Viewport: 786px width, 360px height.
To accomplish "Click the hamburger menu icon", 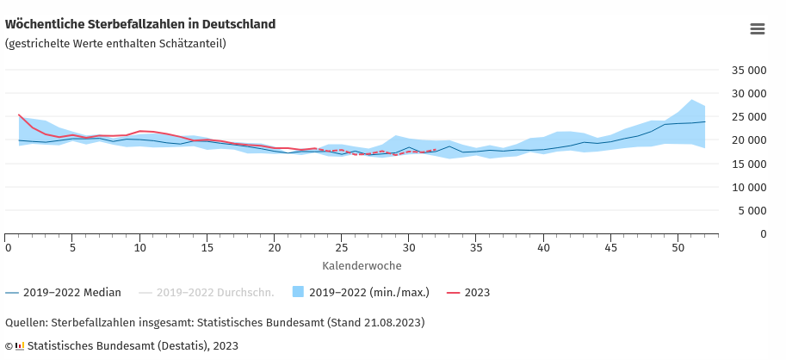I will point(758,29).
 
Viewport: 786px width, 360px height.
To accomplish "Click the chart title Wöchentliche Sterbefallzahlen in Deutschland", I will point(140,24).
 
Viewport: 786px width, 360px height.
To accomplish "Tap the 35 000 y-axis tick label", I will point(748,71).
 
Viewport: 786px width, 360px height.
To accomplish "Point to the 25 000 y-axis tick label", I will point(748,117).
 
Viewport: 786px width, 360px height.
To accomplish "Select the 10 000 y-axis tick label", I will point(748,187).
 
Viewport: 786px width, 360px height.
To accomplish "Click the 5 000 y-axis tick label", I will point(752,210).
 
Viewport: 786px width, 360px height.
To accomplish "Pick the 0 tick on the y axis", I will point(762,233).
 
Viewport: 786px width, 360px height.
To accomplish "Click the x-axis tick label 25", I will point(341,248).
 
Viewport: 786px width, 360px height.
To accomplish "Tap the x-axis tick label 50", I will point(677,248).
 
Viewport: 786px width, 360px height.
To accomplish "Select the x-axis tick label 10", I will point(139,248).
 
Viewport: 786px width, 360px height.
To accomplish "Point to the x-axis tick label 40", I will point(543,248).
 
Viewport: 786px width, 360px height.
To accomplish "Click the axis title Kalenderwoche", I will point(362,266).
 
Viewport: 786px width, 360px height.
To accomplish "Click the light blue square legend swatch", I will point(299,292).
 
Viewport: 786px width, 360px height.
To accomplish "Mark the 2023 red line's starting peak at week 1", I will point(19,115).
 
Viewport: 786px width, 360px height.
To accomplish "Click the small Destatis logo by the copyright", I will point(19,346).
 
